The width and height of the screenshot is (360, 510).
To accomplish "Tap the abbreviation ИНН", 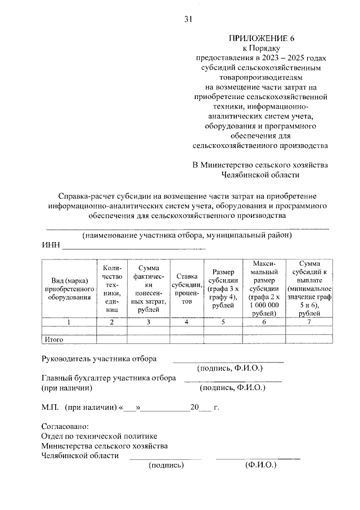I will tap(51, 246).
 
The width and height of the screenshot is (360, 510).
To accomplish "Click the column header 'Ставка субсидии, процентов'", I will tap(186, 288).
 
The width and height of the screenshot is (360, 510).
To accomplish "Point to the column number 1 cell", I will tap(68, 323).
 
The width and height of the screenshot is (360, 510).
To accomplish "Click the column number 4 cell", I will tap(186, 323).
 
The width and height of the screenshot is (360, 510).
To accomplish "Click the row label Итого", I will tap(53, 339).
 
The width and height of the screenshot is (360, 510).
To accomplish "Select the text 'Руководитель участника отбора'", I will tap(99, 358).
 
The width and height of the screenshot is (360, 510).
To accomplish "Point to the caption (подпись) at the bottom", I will tap(166, 466).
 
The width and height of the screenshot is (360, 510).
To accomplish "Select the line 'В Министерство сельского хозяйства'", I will tap(259, 165).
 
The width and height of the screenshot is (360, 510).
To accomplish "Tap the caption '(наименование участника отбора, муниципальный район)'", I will tap(187, 235).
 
